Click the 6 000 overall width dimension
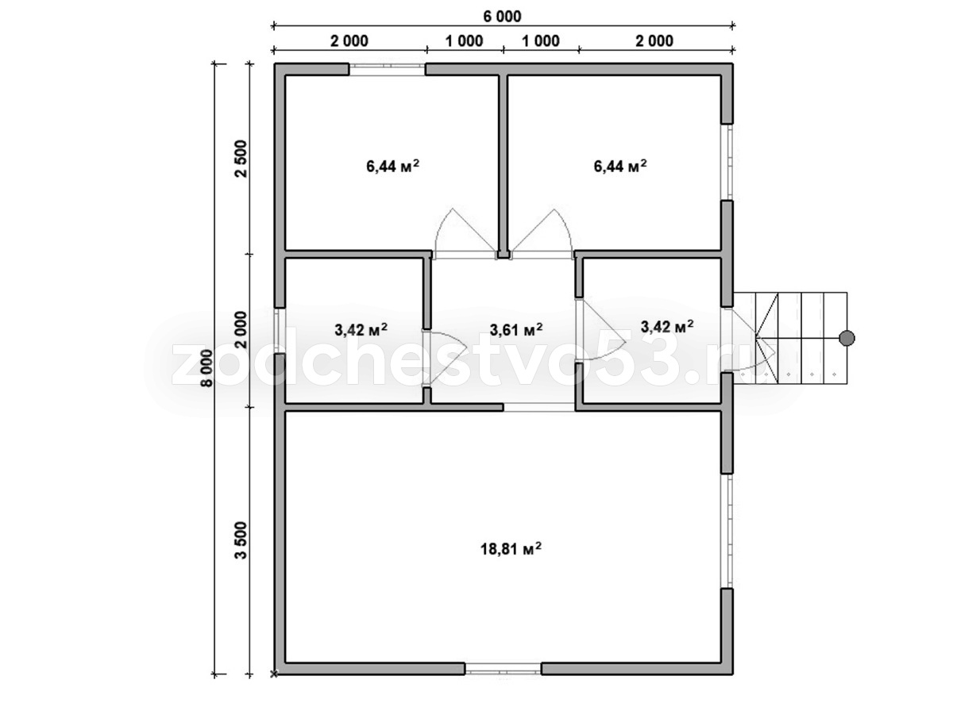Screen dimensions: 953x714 click(x=502, y=17)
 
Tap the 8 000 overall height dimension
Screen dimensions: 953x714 click(x=208, y=368)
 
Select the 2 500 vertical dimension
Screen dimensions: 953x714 click(x=240, y=158)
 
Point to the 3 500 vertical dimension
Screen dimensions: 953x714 click(x=240, y=540)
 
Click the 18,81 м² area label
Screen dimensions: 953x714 click(x=511, y=549)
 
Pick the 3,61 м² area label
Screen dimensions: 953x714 click(x=515, y=330)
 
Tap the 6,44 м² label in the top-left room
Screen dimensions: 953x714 click(x=392, y=166)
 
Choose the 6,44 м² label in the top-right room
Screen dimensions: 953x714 click(x=620, y=166)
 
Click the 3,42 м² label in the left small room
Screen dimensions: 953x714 click(x=361, y=330)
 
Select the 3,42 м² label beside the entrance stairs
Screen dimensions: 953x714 click(x=667, y=326)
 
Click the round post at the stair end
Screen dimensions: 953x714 click(x=847, y=338)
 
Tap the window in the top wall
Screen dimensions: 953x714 click(x=388, y=70)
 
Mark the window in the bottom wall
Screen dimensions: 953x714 click(x=504, y=681)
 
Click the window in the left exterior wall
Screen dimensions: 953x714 click(x=280, y=331)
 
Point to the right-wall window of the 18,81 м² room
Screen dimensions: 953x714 click(x=727, y=531)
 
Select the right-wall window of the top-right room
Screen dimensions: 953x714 click(x=727, y=162)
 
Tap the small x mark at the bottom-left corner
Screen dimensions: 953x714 click(x=274, y=686)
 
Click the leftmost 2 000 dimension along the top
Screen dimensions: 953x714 click(x=349, y=41)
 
